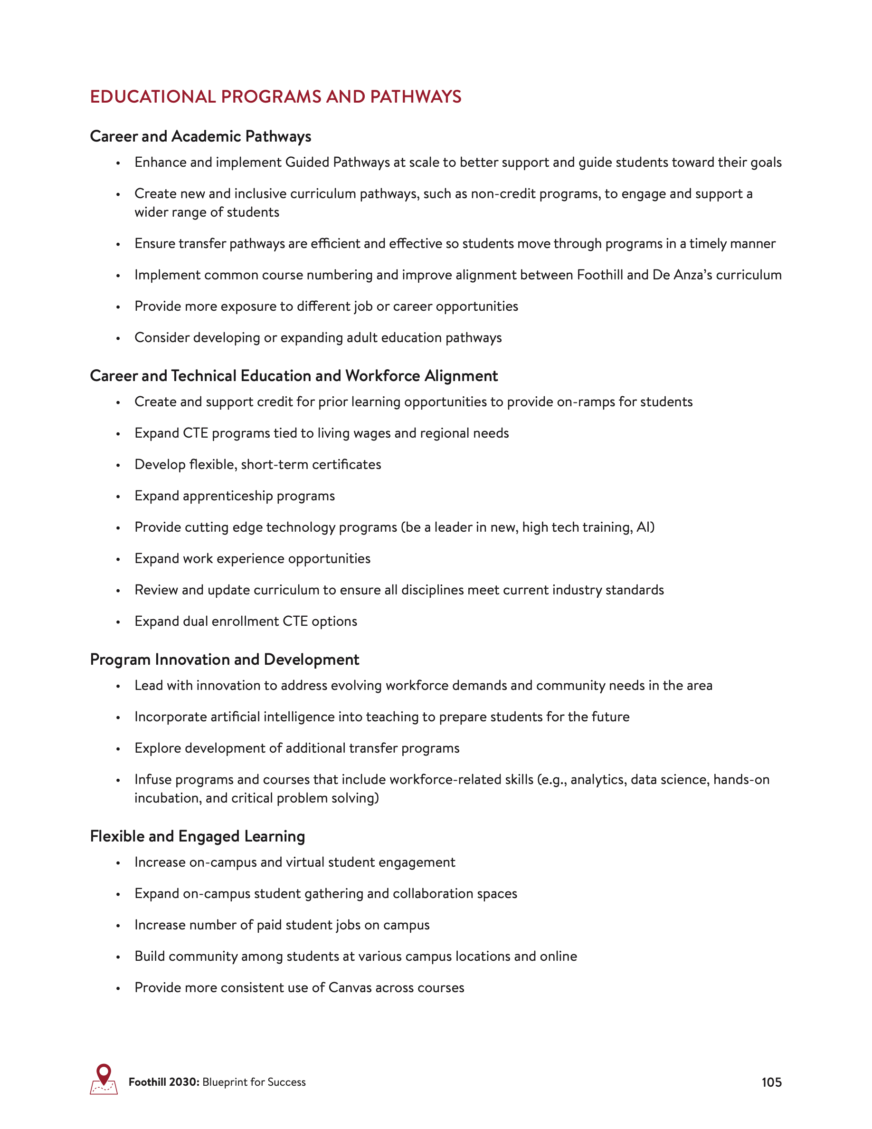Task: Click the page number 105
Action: (x=771, y=1082)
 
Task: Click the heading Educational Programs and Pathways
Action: (x=275, y=96)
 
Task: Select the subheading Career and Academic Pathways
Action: (x=200, y=136)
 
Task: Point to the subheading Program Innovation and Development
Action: (x=224, y=660)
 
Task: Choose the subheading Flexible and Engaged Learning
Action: (x=197, y=836)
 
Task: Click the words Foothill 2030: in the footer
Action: (x=164, y=1082)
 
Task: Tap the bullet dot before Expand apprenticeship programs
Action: (x=118, y=497)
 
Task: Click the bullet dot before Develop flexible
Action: (x=118, y=465)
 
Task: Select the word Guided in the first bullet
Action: (x=307, y=163)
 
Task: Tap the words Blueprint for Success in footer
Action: (x=254, y=1082)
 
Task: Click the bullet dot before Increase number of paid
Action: (x=118, y=926)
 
